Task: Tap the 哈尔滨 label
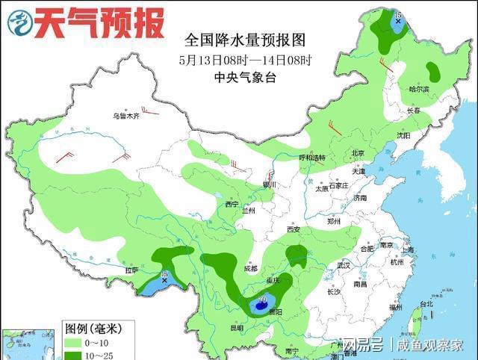coord(420,89)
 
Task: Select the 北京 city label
coord(358,153)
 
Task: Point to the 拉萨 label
coord(131,270)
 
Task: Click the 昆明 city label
coord(237,328)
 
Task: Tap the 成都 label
coord(249,268)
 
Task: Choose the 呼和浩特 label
coord(312,158)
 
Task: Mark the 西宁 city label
coord(232,204)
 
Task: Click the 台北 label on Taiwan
coord(426,305)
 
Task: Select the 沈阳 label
coord(403,136)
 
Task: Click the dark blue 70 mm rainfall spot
coord(261,305)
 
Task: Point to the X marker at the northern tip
coord(398,21)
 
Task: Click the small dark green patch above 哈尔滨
coord(433,72)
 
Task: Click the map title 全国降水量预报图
coord(244,40)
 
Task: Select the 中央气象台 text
coord(244,77)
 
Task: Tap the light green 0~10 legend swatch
coord(74,342)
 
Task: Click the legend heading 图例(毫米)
coord(89,328)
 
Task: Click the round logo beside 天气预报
coord(20,23)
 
